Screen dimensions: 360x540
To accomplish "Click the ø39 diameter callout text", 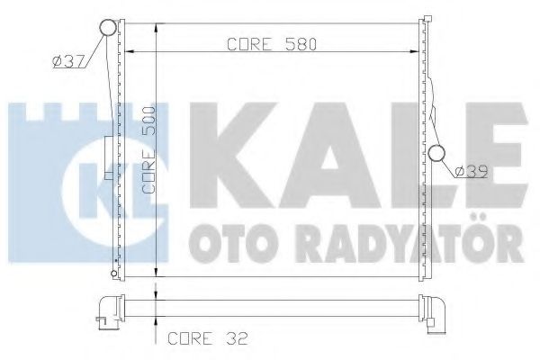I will [x=471, y=170].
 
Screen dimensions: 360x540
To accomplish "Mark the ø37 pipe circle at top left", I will [x=107, y=28].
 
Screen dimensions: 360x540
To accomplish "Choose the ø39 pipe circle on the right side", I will [x=439, y=155].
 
